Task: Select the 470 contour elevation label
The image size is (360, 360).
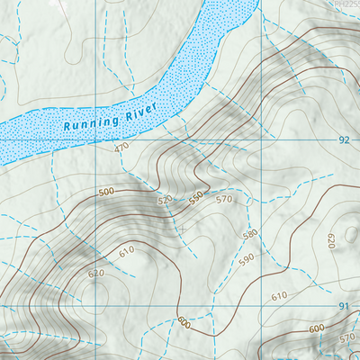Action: [121, 148]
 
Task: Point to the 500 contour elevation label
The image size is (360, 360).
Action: [107, 193]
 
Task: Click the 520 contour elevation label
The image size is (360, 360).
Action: [165, 200]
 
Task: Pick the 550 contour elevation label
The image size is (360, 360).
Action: [196, 194]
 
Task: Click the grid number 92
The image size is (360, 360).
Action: [344, 140]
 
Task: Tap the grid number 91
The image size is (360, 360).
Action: [343, 307]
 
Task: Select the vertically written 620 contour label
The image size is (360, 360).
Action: [329, 241]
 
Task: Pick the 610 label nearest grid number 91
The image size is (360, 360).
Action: [278, 296]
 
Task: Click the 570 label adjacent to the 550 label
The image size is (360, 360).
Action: [224, 200]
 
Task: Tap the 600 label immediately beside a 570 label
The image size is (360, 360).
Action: [317, 329]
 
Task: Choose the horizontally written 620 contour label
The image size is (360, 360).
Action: [96, 271]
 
